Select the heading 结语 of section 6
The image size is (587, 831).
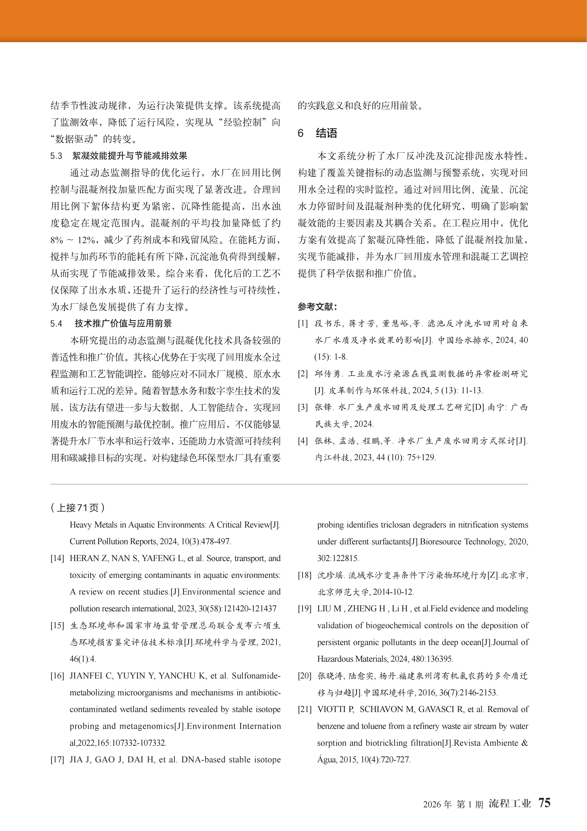326,133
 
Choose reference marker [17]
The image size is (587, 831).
57,760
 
